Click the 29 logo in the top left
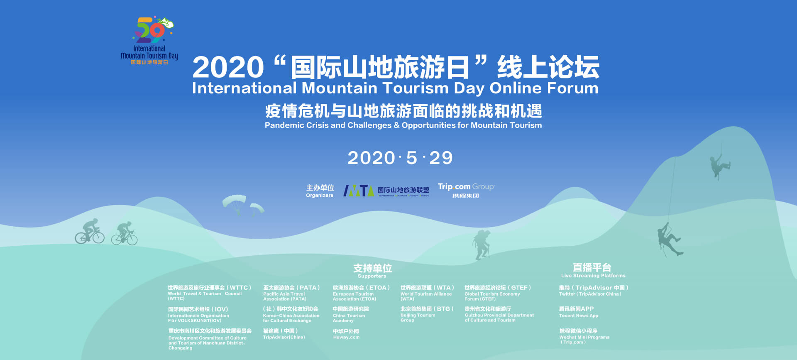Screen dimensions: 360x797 click(x=152, y=31)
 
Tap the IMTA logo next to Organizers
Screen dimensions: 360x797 click(x=358, y=191)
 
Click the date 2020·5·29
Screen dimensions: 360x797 click(x=400, y=158)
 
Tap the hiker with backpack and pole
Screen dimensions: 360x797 click(x=482, y=245)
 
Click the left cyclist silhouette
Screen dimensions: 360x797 click(x=90, y=232)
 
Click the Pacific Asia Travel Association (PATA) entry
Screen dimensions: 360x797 click(x=291, y=293)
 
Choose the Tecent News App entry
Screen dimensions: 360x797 click(x=578, y=312)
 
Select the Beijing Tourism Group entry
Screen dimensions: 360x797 click(x=427, y=314)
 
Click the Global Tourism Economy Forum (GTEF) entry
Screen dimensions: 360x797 click(x=497, y=293)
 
